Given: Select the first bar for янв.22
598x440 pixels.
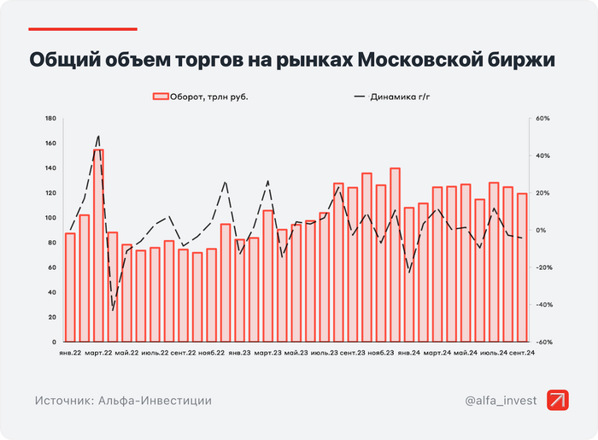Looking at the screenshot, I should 70,287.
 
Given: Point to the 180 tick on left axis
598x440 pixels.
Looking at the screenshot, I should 50,119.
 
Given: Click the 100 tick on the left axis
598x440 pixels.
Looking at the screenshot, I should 50,218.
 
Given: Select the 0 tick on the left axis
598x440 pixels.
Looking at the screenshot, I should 54,342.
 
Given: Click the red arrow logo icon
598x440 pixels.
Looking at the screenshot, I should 559,400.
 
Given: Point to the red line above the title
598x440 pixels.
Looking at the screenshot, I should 71,29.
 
